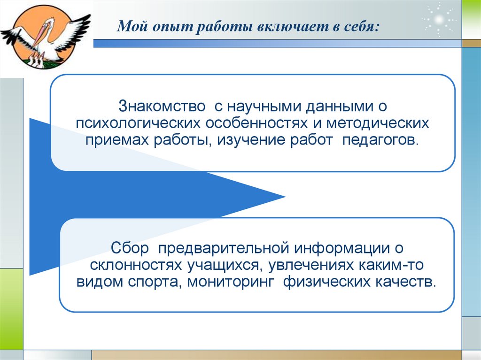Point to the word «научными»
[x=266, y=106]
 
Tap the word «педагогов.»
[x=380, y=140]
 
